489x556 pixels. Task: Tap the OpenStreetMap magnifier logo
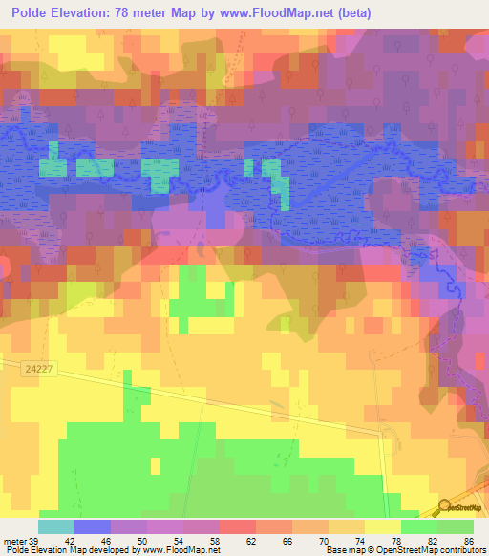pyautogui.click(x=446, y=506)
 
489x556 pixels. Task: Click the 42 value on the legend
pyautogui.click(x=70, y=540)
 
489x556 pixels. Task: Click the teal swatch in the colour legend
pyautogui.click(x=55, y=526)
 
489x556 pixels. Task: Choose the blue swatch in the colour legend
pyautogui.click(x=92, y=526)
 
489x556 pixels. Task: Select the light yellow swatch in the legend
pyautogui.click(x=382, y=526)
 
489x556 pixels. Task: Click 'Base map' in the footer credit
pyautogui.click(x=344, y=550)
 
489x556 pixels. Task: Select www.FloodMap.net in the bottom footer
pyautogui.click(x=181, y=550)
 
